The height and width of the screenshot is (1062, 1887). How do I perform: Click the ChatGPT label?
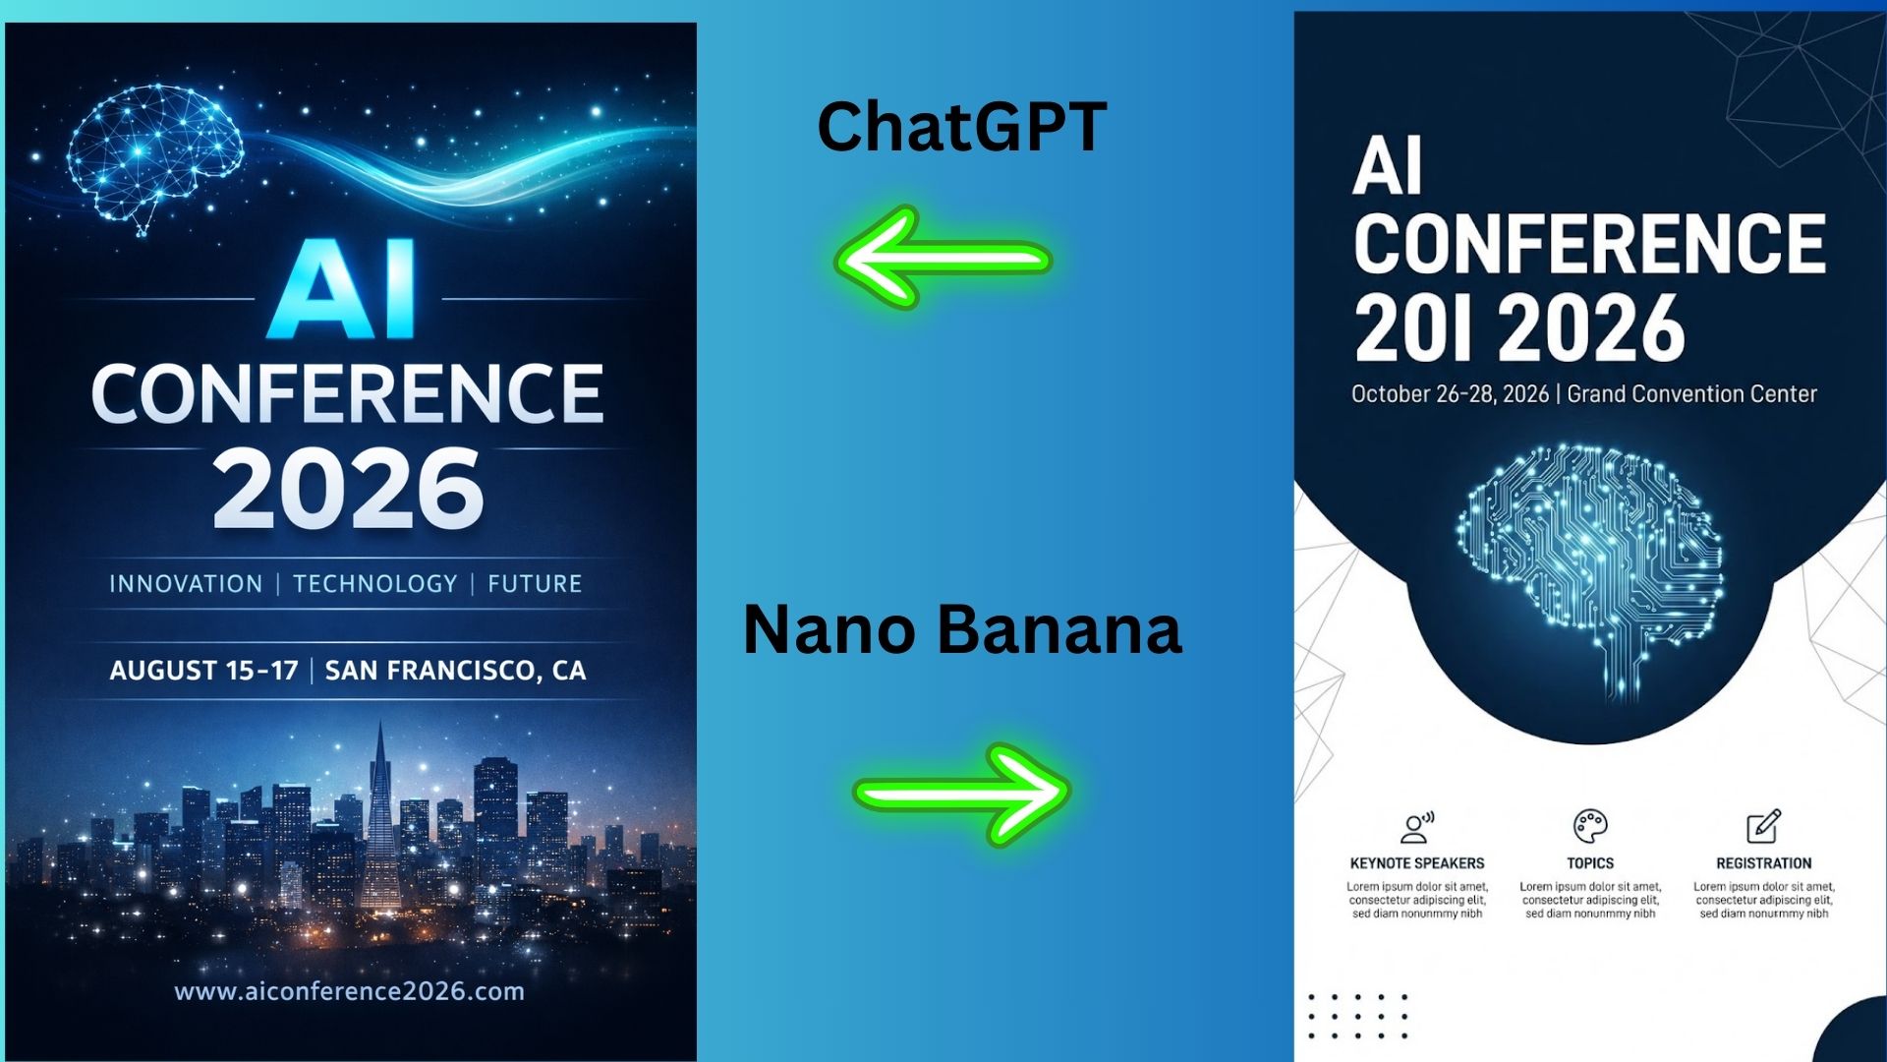click(962, 128)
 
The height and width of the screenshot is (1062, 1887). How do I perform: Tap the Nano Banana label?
click(962, 629)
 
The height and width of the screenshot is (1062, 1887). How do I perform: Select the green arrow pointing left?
click(943, 259)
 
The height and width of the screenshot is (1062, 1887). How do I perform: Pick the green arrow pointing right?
click(962, 794)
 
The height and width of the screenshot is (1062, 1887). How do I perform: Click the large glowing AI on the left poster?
click(342, 290)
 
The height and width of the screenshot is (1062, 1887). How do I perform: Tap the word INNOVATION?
click(186, 584)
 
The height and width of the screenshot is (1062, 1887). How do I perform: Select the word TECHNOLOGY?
click(375, 584)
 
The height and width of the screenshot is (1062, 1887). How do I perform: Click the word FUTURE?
click(535, 584)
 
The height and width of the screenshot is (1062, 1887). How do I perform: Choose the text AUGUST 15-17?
click(203, 671)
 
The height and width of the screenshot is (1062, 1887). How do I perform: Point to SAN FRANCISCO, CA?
click(455, 671)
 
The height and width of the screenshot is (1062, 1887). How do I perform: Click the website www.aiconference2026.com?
click(349, 991)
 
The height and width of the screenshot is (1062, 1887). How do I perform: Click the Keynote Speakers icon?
click(1416, 827)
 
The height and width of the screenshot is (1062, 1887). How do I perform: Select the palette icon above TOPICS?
click(1589, 826)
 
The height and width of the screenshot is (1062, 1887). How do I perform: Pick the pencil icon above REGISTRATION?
click(1763, 826)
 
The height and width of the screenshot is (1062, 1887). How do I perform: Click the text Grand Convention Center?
click(1691, 394)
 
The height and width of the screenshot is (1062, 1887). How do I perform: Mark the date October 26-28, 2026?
click(1450, 394)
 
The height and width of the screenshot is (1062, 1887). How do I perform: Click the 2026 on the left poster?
click(348, 489)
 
